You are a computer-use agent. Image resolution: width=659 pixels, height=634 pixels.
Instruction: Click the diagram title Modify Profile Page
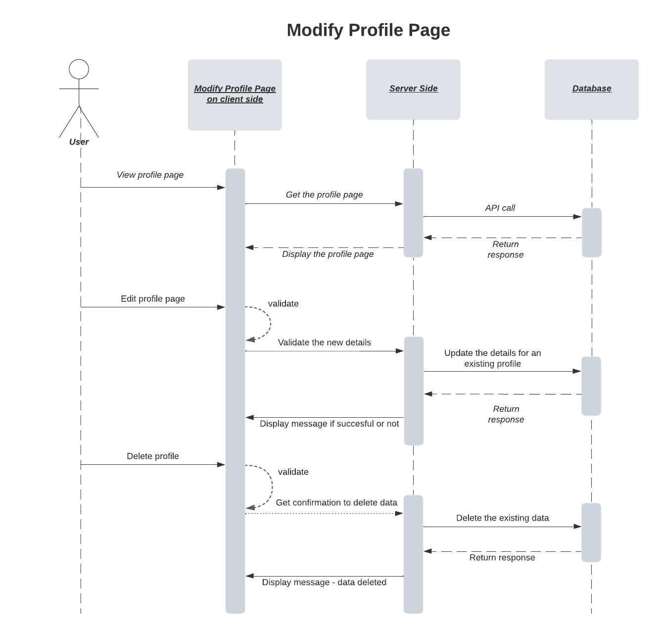point(368,30)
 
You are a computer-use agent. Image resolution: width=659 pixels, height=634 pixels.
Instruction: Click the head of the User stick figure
point(79,69)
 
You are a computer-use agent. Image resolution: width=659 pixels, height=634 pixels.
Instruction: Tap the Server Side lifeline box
point(413,89)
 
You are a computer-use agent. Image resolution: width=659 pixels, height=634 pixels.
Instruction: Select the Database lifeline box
point(591,89)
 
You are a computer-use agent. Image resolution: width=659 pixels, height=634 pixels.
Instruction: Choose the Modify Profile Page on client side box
point(235,95)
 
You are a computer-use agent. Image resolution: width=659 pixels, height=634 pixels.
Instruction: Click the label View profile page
point(150,175)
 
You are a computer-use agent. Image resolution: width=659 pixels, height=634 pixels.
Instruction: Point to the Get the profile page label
point(324,195)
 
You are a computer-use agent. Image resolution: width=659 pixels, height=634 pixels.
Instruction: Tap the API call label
point(500,208)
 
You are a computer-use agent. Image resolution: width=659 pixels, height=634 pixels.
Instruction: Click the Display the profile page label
point(328,254)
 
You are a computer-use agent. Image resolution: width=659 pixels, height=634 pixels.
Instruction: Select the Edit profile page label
point(152,298)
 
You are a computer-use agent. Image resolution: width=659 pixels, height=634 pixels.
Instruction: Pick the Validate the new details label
point(324,342)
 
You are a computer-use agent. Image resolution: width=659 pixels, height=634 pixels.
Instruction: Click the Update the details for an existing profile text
point(492,358)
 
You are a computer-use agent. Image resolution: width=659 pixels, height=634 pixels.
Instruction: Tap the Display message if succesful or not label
point(329,424)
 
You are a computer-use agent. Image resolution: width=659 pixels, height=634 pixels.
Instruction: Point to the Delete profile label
point(152,456)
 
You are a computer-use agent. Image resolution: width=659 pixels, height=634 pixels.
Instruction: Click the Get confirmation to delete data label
point(336,502)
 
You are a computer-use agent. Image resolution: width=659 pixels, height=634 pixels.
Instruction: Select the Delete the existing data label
point(502,518)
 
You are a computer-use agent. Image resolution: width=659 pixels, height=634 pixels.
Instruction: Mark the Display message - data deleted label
point(324,582)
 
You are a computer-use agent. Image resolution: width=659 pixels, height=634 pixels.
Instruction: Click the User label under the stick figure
point(79,142)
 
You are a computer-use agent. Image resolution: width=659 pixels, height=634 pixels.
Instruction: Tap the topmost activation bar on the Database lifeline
point(591,232)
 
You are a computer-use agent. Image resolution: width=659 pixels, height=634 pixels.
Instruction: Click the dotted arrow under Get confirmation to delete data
point(324,513)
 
